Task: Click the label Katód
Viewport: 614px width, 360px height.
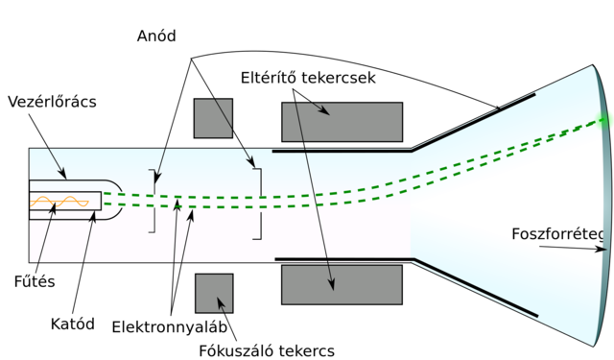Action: [73, 324]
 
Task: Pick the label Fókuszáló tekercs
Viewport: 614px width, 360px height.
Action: [266, 349]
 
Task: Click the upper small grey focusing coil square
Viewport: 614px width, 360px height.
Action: [213, 117]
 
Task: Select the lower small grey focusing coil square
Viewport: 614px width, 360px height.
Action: [214, 293]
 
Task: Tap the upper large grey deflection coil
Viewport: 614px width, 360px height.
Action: [342, 122]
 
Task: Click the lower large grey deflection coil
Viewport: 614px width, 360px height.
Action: [342, 285]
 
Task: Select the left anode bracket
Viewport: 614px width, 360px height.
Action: [152, 201]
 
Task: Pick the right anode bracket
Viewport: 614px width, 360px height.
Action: [258, 204]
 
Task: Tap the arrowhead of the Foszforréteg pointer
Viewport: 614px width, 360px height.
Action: [603, 251]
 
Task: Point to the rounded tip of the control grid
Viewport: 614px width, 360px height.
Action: [117, 201]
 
